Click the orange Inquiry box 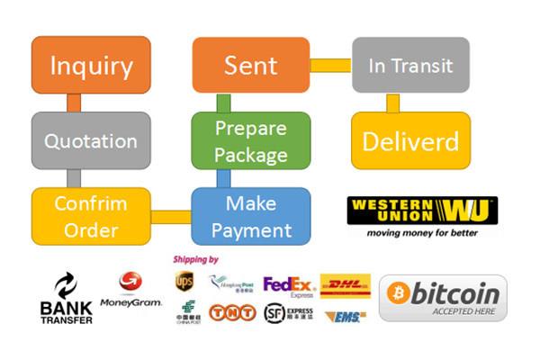[x=91, y=65]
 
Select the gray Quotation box [x=91, y=140]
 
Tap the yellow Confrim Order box [x=91, y=216]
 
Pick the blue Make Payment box [x=251, y=216]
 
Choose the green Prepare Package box [x=251, y=140]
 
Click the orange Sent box [x=251, y=65]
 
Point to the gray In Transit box [x=410, y=65]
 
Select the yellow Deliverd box [x=410, y=140]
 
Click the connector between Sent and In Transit [x=330, y=65]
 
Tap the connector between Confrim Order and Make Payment [x=171, y=217]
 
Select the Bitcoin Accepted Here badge [x=443, y=298]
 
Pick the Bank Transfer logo [x=66, y=300]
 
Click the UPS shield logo [x=184, y=282]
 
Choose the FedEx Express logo [x=288, y=286]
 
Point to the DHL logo [x=345, y=285]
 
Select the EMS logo [x=345, y=316]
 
